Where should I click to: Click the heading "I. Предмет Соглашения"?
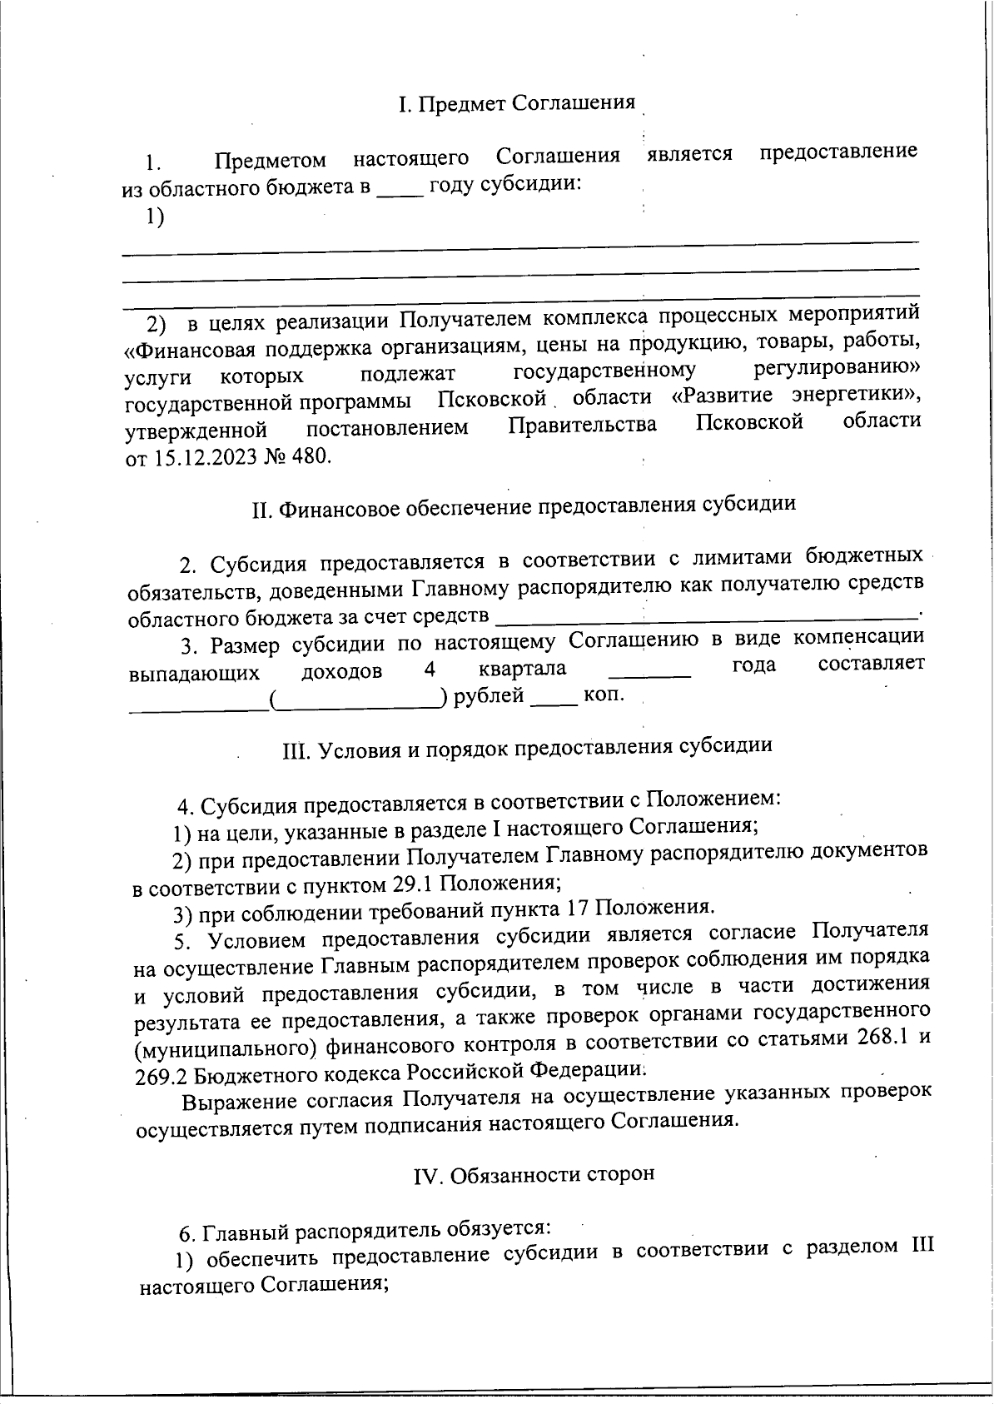coord(516,104)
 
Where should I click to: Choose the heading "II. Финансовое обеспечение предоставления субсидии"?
coord(524,505)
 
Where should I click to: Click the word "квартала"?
coord(523,669)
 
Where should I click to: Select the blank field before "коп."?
coord(554,698)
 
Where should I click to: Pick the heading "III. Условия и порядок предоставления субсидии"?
coord(528,746)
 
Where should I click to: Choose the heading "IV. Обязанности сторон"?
coord(534,1174)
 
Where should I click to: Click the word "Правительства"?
coord(582,426)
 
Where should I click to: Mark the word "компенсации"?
coord(858,638)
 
